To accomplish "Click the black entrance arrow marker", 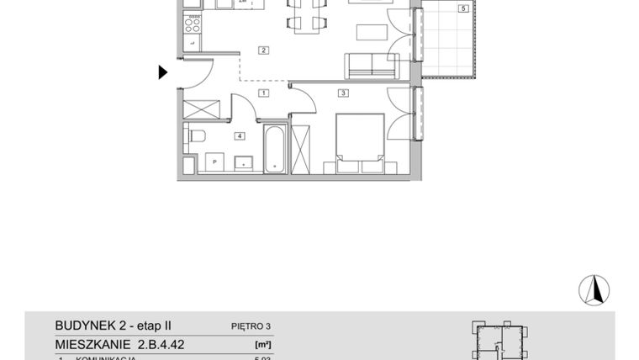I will [163, 72].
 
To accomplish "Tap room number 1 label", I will [263, 93].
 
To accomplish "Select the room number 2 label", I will [263, 50].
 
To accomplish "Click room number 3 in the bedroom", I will [343, 93].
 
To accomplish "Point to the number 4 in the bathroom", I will [240, 135].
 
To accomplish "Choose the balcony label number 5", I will [462, 9].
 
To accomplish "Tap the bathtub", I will [274, 150].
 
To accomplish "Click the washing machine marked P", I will [214, 161].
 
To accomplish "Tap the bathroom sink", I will [244, 161].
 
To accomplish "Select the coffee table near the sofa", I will [371, 33].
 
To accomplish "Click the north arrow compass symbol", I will [594, 290].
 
